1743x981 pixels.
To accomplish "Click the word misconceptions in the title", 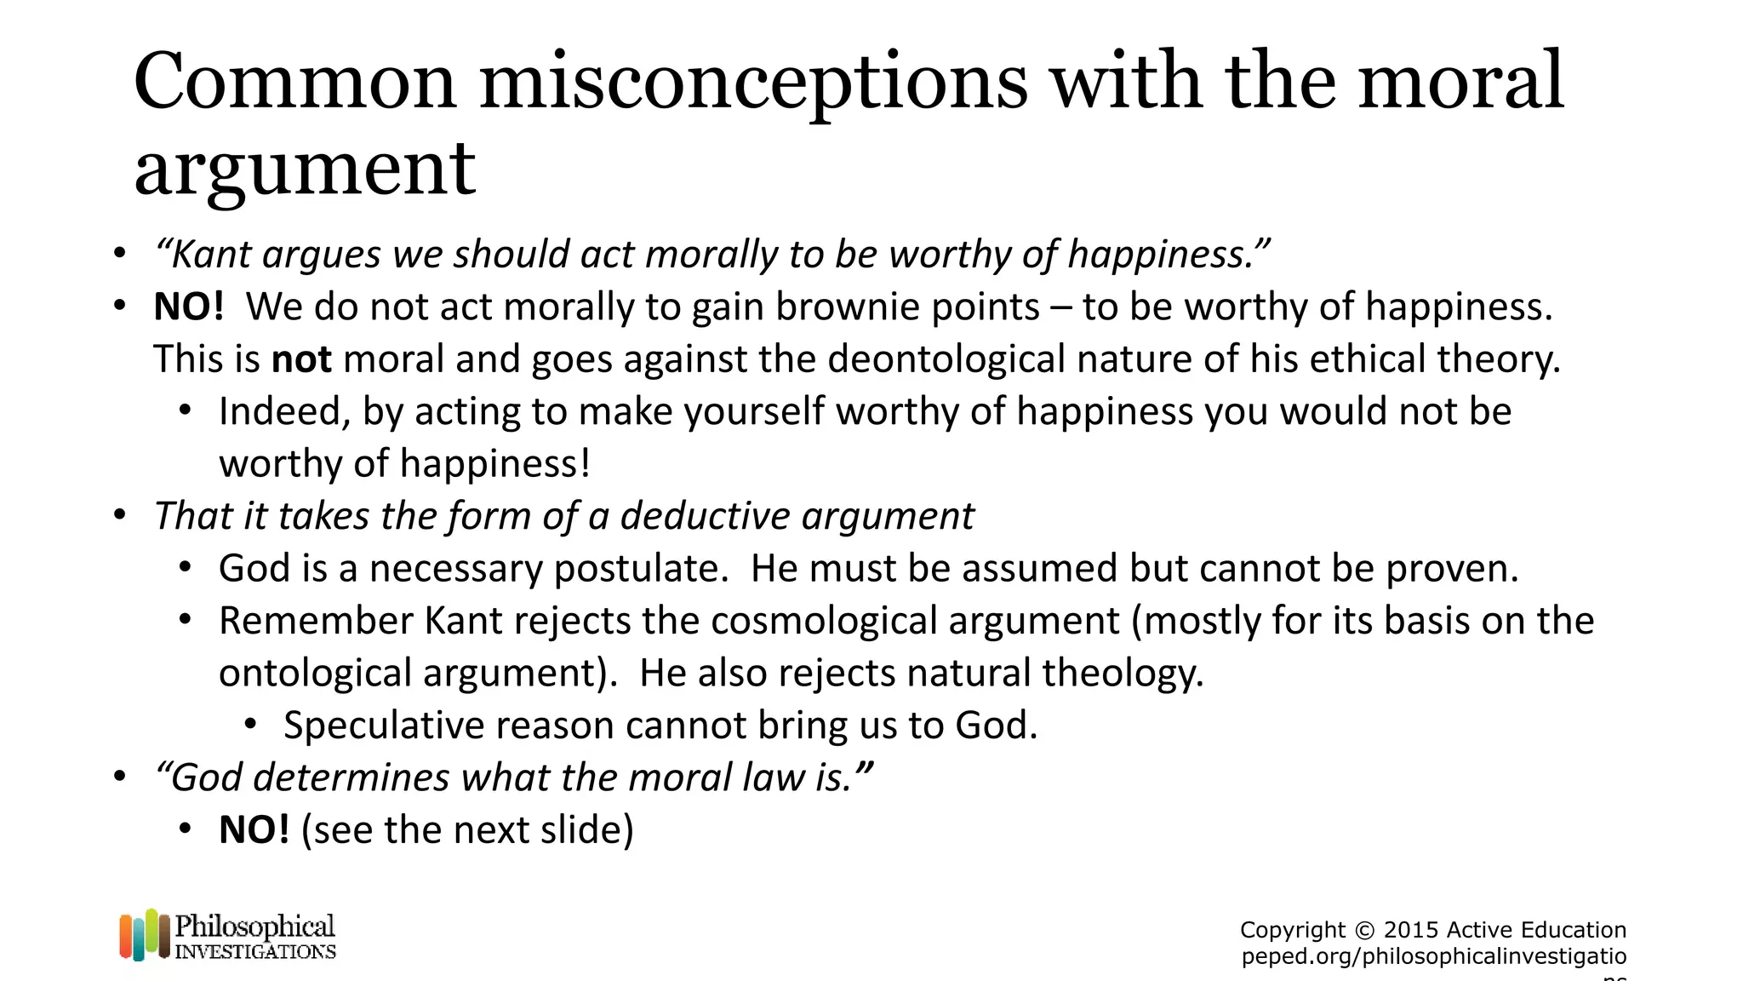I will click(x=753, y=83).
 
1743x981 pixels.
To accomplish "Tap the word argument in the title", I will click(x=305, y=169).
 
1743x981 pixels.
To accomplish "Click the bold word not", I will click(x=301, y=359).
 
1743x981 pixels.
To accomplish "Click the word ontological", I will click(x=315, y=674).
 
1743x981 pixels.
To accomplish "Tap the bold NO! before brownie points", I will click(x=188, y=307).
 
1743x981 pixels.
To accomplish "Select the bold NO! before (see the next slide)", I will click(x=254, y=830).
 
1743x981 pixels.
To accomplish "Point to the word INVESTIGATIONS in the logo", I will click(x=255, y=951).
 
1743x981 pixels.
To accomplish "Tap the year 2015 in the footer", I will click(x=1410, y=930).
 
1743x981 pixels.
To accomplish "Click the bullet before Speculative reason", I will click(x=250, y=726).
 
